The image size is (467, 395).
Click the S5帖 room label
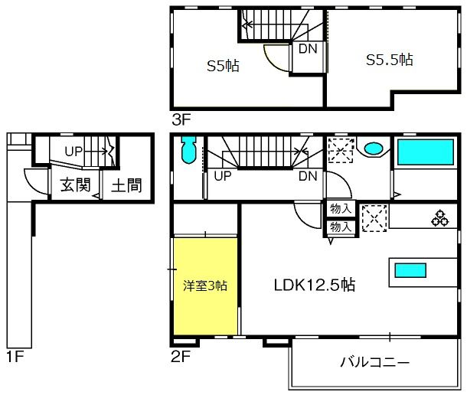223,66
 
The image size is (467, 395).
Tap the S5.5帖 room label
389,60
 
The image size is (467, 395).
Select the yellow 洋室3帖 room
205,286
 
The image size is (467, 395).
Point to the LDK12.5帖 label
314,285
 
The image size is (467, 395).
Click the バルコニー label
375,362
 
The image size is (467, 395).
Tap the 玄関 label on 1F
75,185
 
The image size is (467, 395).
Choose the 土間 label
126,185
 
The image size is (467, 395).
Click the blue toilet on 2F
188,150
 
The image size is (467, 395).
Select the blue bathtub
426,152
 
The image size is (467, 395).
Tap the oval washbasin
374,149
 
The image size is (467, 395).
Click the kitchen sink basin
410,270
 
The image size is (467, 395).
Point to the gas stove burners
440,218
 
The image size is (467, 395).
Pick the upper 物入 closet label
341,208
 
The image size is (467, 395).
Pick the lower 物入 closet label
341,227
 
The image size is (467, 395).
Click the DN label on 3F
308,49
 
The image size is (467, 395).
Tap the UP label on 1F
73,152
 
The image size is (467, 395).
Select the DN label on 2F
308,176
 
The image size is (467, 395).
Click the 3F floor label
181,119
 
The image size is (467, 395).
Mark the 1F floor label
15,356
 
